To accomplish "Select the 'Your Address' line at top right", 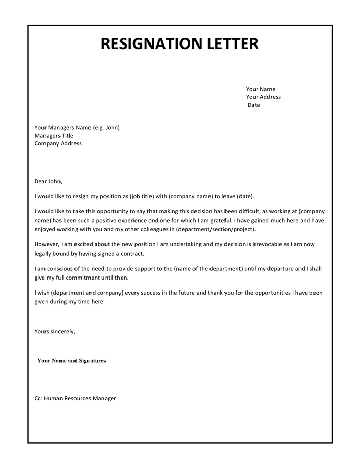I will point(263,97).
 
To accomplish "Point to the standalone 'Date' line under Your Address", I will point(253,105).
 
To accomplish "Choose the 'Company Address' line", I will point(58,144).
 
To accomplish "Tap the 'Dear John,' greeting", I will point(48,181).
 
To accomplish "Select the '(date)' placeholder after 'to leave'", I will point(245,197).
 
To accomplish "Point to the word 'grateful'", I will point(212,220).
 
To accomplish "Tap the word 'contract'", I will point(133,253).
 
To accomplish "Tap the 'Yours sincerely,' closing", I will point(55,331).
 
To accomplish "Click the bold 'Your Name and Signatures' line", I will point(71,361).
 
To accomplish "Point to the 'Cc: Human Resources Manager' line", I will point(75,398).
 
